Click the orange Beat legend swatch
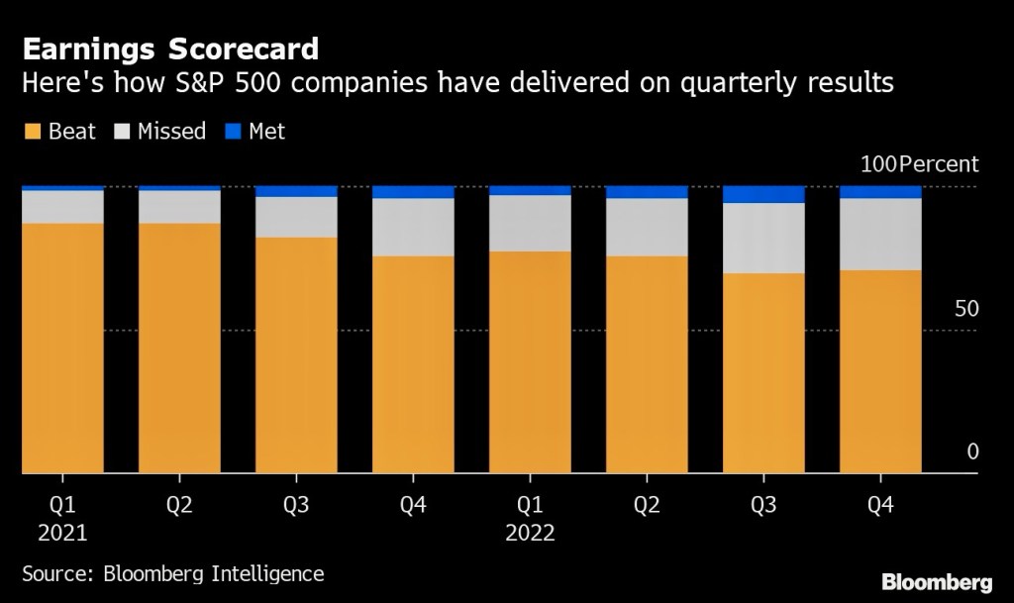(32, 131)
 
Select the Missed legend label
(171, 131)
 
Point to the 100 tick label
(876, 164)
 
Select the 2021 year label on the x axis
(61, 533)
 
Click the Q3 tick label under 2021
(295, 505)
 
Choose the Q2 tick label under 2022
(646, 505)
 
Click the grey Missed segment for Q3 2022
(762, 238)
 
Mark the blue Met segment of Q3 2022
(762, 194)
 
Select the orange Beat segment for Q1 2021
(61, 347)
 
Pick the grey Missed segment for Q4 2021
(412, 227)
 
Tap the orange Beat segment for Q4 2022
(879, 371)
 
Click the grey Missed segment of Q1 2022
(529, 223)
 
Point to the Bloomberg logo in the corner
(937, 580)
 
